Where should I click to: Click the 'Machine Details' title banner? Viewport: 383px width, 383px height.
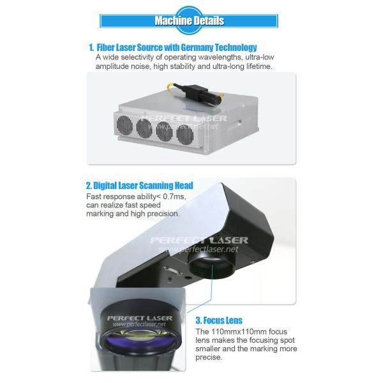click(x=189, y=21)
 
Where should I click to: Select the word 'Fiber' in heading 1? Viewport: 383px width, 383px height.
click(x=105, y=47)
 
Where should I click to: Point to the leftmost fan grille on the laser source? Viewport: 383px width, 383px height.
click(x=124, y=124)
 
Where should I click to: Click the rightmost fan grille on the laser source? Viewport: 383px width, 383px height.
click(x=185, y=134)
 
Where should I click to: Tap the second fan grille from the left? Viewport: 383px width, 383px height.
click(x=144, y=128)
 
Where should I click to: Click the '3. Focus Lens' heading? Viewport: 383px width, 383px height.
click(x=219, y=320)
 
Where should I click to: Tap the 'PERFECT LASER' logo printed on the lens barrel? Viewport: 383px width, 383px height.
click(x=140, y=318)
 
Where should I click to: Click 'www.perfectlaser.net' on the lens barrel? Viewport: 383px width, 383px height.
click(x=139, y=324)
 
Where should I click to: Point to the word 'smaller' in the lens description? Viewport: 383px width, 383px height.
click(x=208, y=349)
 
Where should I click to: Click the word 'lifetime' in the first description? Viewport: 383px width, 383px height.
click(x=259, y=66)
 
